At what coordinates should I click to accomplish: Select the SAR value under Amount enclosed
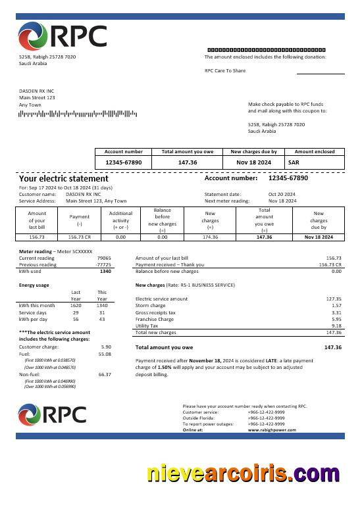pos(294,162)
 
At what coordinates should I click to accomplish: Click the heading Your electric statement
pos(64,178)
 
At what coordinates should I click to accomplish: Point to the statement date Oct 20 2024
pos(282,194)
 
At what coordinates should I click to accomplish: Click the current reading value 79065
pos(104,258)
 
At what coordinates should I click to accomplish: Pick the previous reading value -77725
pos(103,264)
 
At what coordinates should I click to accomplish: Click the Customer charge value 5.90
pos(106,346)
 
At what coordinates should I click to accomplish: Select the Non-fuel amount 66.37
pos(105,374)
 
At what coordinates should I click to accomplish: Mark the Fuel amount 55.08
pos(105,354)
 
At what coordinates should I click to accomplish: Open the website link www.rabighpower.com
pos(272,429)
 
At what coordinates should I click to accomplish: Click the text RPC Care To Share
pos(225,70)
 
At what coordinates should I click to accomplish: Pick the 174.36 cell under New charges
pos(210,237)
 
